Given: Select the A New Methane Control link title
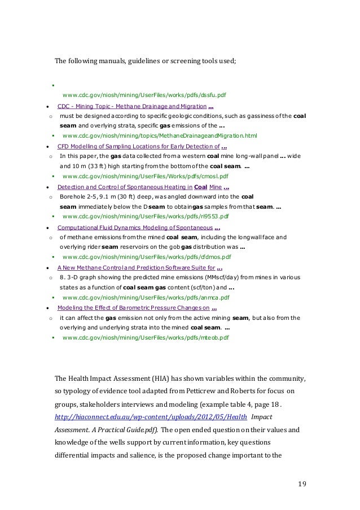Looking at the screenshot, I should pyautogui.click(x=136, y=268).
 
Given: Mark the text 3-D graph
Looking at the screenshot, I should pyautogui.click(x=80, y=278).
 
